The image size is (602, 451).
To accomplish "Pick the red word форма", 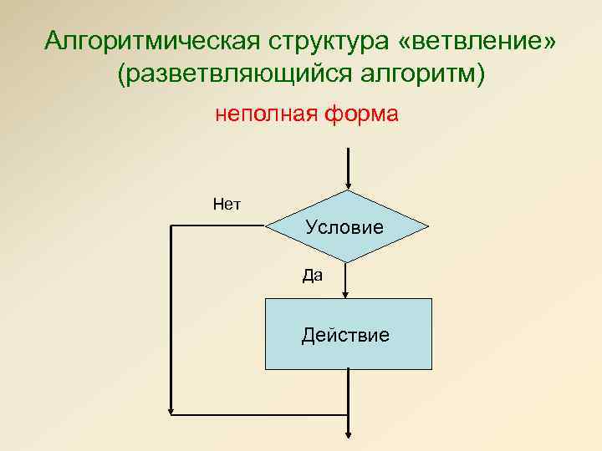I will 356,114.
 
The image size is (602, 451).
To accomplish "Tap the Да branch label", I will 312,276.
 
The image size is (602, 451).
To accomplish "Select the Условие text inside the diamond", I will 344,226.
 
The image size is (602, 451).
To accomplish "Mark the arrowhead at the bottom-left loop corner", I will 172,411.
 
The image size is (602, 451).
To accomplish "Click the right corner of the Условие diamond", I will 427,226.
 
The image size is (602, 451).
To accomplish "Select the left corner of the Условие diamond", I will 267,226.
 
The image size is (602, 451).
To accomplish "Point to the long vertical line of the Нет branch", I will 171,317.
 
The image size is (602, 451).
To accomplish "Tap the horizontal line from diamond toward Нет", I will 217,226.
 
